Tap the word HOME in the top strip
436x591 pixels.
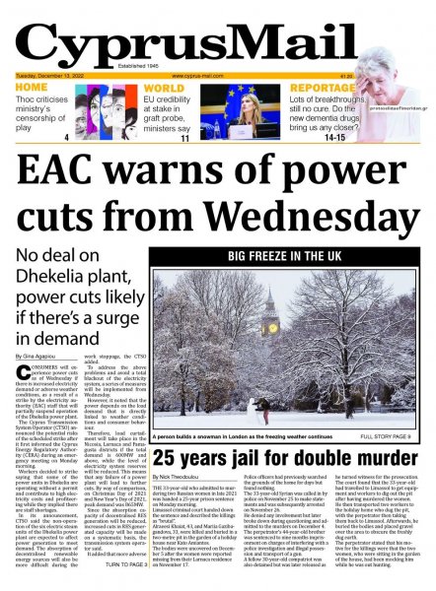coord(31,88)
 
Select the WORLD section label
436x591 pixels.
coord(164,88)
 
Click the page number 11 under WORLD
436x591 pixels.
coord(184,139)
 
